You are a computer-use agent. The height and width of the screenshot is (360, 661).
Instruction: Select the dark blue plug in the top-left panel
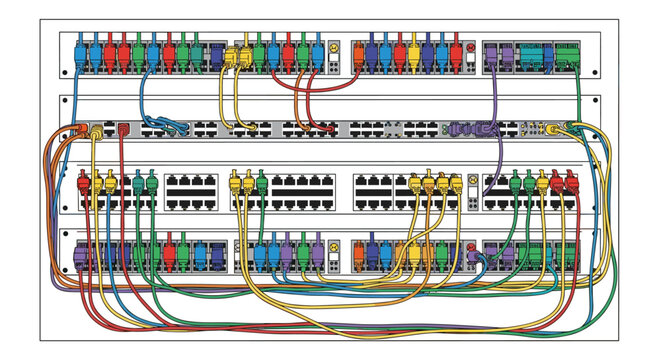click(x=217, y=56)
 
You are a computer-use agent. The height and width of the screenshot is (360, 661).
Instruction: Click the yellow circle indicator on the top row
click(x=332, y=48)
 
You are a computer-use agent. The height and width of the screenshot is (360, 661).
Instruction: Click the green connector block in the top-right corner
click(x=567, y=55)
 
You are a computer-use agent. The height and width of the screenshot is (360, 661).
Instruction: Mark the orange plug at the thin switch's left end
click(x=77, y=130)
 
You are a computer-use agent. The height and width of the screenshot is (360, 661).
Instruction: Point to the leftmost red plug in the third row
click(x=84, y=185)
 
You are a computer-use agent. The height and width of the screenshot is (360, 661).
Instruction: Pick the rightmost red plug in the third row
click(x=572, y=183)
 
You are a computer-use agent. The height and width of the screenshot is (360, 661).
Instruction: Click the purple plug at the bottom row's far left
click(x=81, y=256)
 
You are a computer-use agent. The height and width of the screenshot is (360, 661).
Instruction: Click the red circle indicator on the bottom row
click(x=470, y=245)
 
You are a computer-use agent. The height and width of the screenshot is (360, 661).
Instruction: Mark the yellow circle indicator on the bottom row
click(x=332, y=245)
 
